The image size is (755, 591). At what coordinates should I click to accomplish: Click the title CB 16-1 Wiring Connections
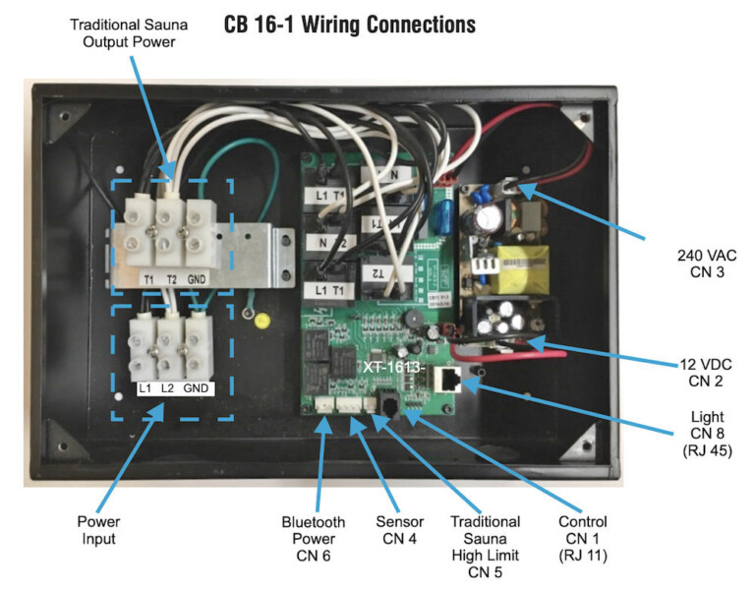[349, 24]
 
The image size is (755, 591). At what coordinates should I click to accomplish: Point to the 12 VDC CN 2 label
[700, 371]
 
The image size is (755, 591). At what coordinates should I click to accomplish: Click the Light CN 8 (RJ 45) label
[700, 438]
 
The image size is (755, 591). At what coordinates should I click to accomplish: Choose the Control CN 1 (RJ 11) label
[582, 539]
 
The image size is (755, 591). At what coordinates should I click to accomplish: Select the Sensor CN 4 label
[400, 530]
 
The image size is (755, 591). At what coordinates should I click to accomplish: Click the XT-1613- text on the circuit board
[392, 367]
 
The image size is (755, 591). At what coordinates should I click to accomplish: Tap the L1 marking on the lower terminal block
[145, 388]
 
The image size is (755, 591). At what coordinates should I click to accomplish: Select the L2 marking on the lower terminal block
[169, 388]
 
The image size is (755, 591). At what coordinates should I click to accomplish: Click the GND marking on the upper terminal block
[197, 278]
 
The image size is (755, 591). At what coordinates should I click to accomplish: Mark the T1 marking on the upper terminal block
[148, 278]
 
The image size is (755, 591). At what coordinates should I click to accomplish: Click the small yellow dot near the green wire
[261, 321]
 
